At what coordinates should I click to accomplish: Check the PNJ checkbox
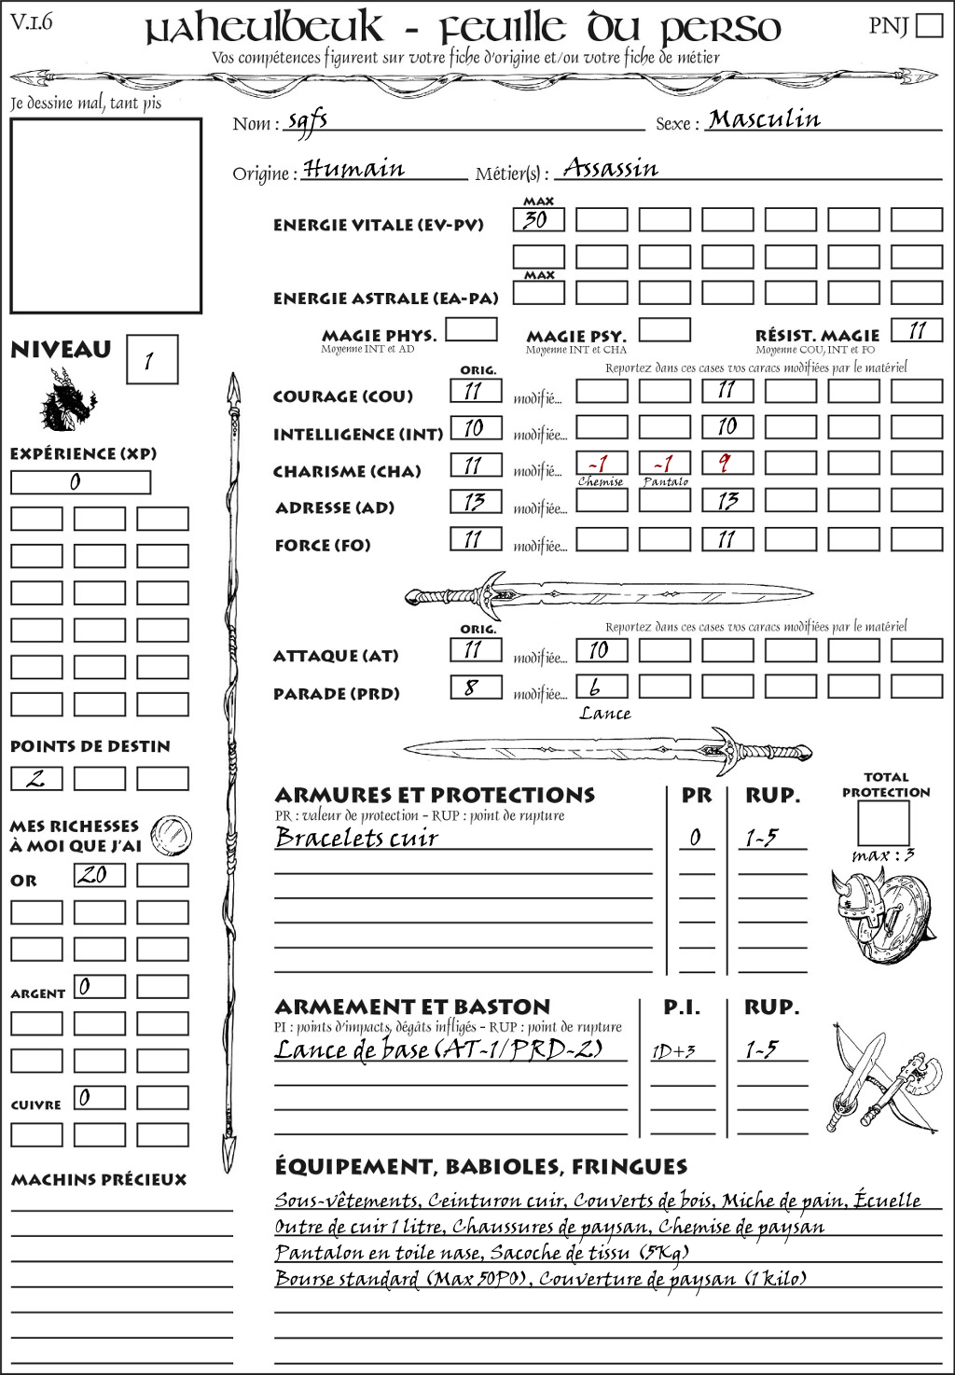929,24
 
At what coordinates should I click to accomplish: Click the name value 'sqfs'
308,122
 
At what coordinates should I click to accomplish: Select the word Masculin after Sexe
764,119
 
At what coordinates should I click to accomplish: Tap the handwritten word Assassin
611,169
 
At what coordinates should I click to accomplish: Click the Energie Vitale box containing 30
538,220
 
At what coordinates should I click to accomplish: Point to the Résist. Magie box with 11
916,330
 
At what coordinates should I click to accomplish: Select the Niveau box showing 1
151,360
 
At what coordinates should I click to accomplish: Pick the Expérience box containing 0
80,482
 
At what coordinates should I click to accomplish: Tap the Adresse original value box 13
476,501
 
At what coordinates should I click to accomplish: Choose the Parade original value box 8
476,687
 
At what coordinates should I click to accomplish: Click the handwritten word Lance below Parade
604,714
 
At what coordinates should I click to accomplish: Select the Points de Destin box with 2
36,778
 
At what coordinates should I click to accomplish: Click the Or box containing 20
99,875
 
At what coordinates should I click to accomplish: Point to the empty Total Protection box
882,823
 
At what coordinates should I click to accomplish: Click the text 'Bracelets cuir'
356,838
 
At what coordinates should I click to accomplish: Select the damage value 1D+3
673,1051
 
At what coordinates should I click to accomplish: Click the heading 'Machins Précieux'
99,1180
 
